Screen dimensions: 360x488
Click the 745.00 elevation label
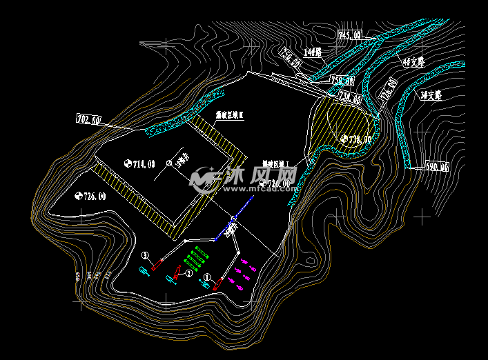[x=350, y=34]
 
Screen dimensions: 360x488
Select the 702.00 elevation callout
[x=88, y=120]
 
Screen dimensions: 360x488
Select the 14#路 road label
[x=313, y=52]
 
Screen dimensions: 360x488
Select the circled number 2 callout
[x=190, y=273]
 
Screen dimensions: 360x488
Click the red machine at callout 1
[x=158, y=263]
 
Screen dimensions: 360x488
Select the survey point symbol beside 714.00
[x=128, y=163]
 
